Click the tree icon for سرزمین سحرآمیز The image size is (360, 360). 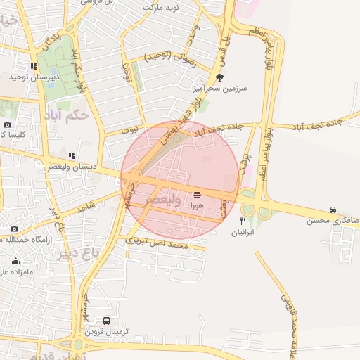tap(220, 77)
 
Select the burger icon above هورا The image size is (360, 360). tap(196, 195)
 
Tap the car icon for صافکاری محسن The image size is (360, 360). tap(332, 210)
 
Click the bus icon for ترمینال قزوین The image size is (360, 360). tap(106, 320)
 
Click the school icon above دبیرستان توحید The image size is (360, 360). tap(33, 67)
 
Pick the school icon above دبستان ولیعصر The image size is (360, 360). tap(71, 155)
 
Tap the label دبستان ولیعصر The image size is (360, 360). tap(72, 167)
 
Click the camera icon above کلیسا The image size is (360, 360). tap(7, 124)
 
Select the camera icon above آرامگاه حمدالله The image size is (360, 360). tap(14, 229)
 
